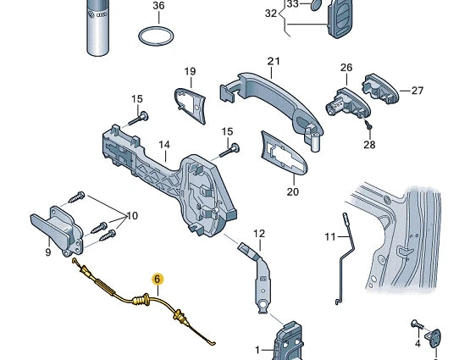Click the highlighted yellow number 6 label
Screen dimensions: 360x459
click(157, 278)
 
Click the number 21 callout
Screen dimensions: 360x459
click(273, 61)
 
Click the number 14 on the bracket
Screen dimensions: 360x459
click(164, 145)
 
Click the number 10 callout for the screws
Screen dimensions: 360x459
click(131, 215)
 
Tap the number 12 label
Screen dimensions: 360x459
click(259, 234)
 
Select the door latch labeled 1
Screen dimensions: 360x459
click(286, 343)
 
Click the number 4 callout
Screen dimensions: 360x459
click(417, 344)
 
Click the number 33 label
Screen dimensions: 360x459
click(292, 3)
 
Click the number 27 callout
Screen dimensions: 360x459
click(417, 90)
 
